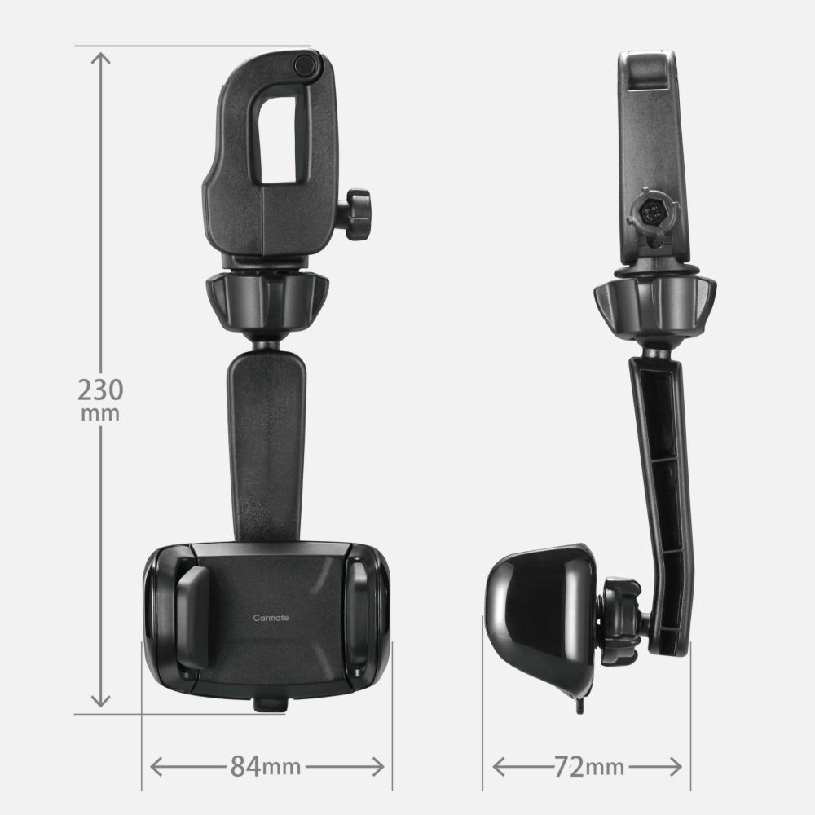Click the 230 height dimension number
pyautogui.click(x=100, y=390)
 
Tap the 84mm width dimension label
pyautogui.click(x=266, y=766)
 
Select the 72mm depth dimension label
pyautogui.click(x=589, y=767)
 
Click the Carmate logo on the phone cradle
pyautogui.click(x=271, y=618)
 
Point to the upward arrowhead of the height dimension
pyautogui.click(x=100, y=58)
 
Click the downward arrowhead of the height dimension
pyautogui.click(x=100, y=701)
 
